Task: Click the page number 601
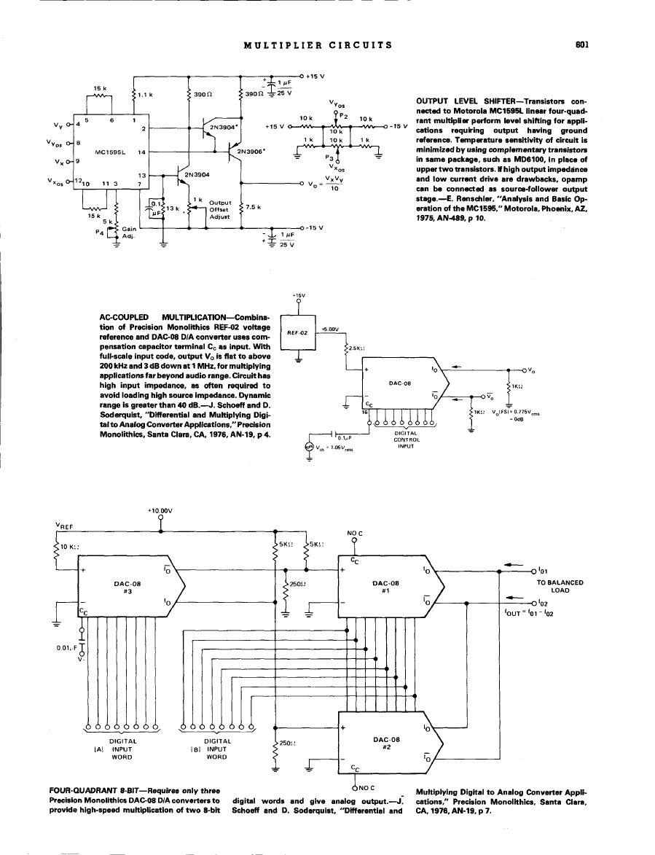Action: pos(581,44)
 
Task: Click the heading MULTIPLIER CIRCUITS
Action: pos(318,44)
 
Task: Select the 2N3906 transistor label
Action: pos(250,152)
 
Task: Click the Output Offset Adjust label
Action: pos(219,209)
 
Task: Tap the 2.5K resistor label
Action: pos(358,348)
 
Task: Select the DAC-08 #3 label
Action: pos(122,587)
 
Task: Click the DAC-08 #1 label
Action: pos(384,587)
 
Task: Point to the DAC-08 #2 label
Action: pos(384,742)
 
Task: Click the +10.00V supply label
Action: pos(160,511)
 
